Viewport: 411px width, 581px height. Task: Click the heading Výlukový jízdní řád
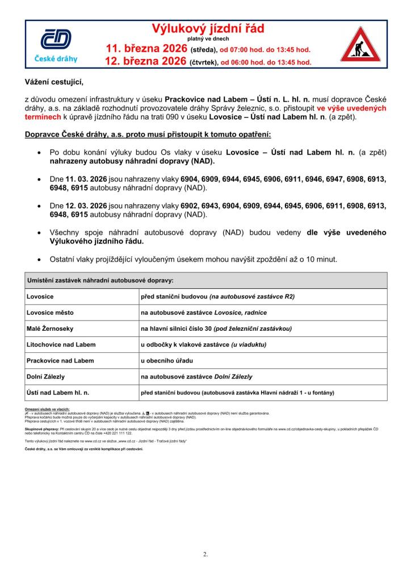point(207,28)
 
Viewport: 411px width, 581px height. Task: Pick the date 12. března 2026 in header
point(146,62)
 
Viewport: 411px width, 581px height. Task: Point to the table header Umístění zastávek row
point(100,280)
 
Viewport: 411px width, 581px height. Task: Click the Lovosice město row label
point(50,313)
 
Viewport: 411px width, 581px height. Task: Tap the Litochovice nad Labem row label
point(61,344)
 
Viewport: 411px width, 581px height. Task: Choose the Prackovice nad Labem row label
point(60,360)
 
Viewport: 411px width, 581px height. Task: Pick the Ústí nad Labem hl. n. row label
point(58,393)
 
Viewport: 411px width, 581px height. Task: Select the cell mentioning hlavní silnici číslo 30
point(216,329)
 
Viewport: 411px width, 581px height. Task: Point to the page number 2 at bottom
point(205,554)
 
